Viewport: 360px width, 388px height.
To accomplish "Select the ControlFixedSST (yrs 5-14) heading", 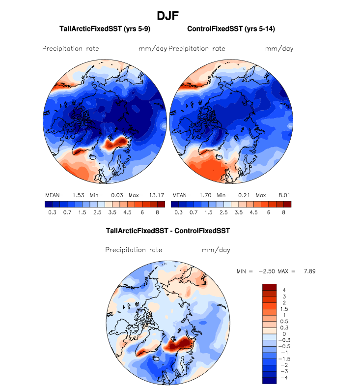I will [x=230, y=29].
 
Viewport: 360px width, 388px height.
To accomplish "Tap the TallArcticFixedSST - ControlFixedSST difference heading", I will [x=168, y=230].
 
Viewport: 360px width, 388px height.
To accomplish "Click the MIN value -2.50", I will [x=267, y=271].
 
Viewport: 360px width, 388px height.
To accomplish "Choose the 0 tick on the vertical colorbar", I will [x=283, y=334].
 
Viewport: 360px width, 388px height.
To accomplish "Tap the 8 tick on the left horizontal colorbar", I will [x=158, y=212].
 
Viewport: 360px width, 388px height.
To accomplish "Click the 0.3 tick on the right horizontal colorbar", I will [x=178, y=212].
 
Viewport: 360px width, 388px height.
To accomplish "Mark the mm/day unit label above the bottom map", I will [x=216, y=250].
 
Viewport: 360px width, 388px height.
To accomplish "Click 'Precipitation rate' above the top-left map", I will [x=70, y=48].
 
